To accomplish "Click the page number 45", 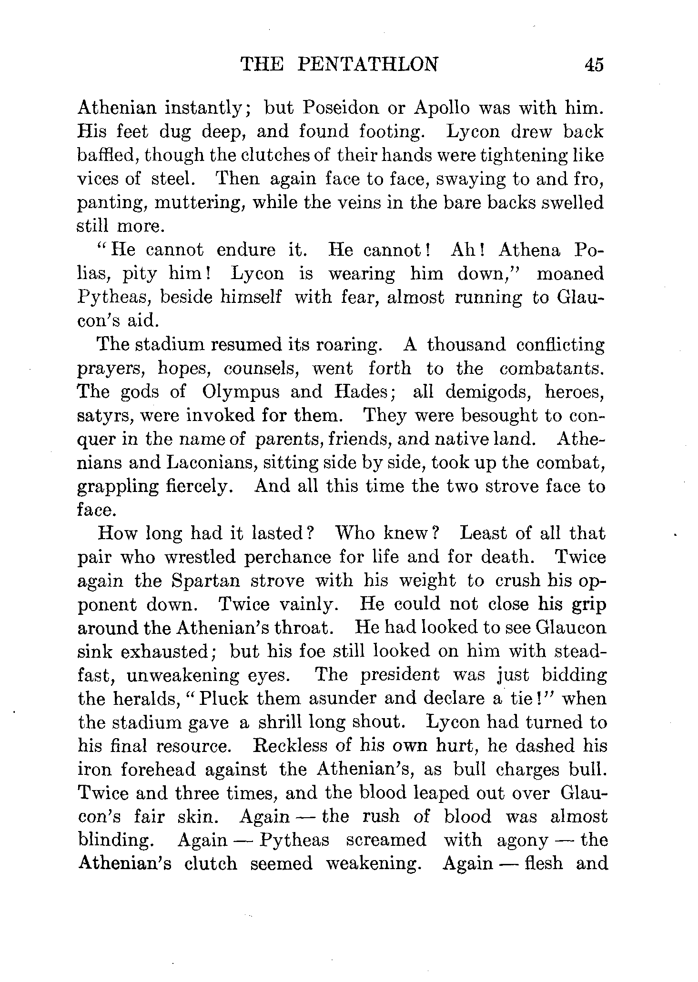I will point(593,64).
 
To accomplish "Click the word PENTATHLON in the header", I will point(367,64).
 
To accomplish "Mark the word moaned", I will point(570,273).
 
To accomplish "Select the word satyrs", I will point(102,416).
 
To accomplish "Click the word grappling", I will point(119,487).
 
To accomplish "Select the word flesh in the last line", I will point(543,863).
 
